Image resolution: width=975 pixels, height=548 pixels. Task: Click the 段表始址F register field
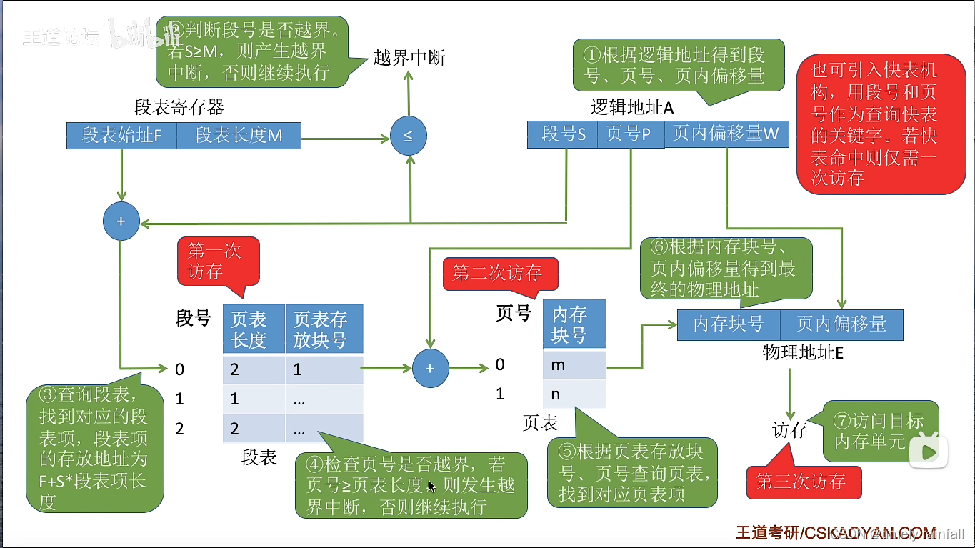121,135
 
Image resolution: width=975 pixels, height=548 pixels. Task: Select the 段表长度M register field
239,135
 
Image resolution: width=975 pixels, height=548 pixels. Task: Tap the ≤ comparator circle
408,136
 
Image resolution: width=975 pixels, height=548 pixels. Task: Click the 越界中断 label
409,58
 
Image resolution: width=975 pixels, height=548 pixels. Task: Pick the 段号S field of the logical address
563,134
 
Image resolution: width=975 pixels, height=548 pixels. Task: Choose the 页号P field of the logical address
629,134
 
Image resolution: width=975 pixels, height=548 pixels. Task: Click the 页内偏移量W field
726,134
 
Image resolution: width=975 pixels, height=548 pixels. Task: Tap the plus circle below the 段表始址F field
121,221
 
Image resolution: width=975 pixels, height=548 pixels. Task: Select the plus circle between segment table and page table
429,368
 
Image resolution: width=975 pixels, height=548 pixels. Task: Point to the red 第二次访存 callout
499,273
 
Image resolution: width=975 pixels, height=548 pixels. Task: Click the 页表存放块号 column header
324,329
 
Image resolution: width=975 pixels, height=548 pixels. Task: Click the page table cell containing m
574,364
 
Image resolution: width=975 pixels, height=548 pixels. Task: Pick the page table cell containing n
574,394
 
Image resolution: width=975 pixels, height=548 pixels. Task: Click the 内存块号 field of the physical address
728,324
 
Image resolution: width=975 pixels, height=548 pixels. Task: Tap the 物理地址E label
803,352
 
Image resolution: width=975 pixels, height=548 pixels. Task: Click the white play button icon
929,452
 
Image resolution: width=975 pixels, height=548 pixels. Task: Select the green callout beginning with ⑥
726,269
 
